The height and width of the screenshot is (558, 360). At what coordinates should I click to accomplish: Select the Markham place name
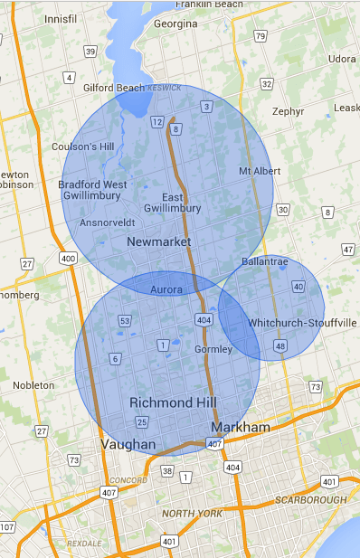240,426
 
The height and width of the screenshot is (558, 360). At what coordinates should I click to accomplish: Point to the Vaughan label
128,444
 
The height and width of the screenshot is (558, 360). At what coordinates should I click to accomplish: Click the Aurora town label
166,289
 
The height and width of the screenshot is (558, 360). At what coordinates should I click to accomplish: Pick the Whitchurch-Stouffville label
303,323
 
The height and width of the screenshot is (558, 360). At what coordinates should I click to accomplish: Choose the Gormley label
213,349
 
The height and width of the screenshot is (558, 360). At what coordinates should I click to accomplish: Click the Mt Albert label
256,171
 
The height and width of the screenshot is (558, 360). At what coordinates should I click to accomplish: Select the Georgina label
175,24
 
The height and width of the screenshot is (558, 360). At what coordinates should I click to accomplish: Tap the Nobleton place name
33,385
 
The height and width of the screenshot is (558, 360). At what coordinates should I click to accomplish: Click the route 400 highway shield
66,259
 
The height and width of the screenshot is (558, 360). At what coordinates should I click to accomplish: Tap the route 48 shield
280,346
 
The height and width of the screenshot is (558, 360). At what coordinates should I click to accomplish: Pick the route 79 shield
261,37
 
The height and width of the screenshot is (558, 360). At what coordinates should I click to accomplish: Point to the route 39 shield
90,52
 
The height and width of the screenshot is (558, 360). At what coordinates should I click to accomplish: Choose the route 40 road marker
298,287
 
